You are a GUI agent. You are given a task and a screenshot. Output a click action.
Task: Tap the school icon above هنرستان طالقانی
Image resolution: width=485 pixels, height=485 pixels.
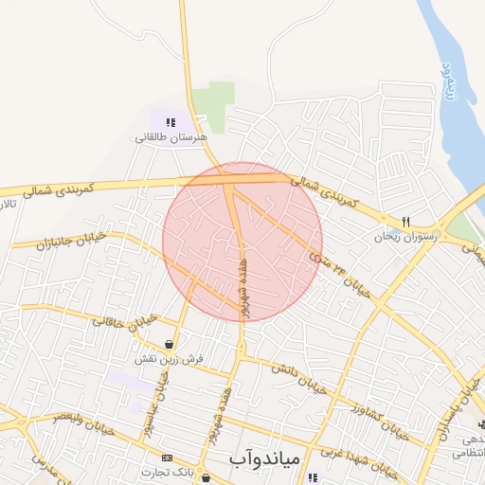pos(171,122)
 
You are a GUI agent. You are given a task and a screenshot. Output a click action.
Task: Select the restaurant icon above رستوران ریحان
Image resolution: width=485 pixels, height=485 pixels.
pos(405,222)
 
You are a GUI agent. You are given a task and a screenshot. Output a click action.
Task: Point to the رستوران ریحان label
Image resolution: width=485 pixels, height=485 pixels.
pos(406,237)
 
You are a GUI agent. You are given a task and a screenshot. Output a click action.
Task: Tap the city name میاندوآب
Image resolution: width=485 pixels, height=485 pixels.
pos(265,458)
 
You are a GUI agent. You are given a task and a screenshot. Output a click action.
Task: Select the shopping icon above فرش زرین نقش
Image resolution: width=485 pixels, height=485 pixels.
pos(169,345)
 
